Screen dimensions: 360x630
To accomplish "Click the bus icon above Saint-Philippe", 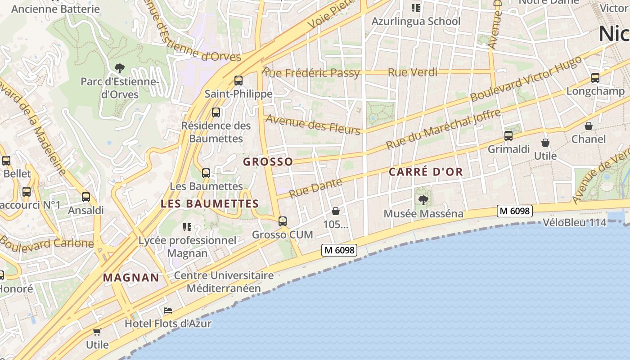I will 238,81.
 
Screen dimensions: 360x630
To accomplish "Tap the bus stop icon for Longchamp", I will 595,78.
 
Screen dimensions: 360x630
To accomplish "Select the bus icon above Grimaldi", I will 508,135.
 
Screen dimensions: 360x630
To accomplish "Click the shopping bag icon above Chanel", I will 589,126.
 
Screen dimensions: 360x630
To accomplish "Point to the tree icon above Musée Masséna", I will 423,200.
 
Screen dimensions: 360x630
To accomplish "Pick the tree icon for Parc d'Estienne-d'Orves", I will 120,68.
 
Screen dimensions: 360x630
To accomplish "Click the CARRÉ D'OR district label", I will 426,172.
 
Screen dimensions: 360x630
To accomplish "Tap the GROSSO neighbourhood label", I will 268,162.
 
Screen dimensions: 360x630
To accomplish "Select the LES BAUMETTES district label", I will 210,203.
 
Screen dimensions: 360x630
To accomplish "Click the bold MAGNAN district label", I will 131,278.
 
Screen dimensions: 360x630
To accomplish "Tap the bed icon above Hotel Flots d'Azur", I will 168,310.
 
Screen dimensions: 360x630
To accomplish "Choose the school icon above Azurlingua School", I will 415,8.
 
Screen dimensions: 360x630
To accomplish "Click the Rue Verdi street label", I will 412,72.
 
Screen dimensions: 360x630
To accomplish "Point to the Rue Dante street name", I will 315,188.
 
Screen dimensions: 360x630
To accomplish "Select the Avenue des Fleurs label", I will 314,124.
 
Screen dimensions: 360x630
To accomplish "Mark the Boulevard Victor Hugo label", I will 526,81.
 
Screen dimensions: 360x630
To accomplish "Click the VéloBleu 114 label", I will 575,222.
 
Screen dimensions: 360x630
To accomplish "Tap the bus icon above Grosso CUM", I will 283,221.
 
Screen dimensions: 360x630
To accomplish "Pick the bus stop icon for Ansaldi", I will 86,197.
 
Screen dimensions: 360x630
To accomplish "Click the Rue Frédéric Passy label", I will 311,72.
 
